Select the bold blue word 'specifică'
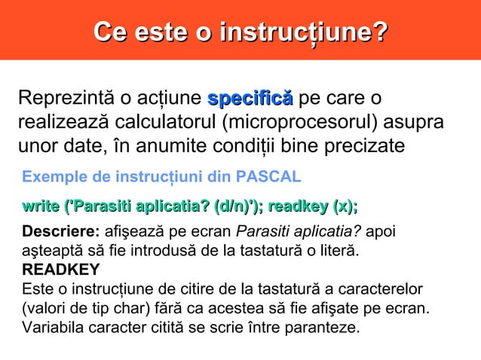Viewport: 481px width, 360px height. point(250,99)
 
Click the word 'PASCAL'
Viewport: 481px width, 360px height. point(269,177)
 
